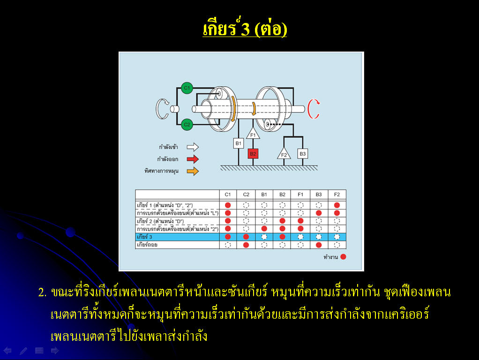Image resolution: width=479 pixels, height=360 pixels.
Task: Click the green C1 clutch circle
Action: click(187, 88)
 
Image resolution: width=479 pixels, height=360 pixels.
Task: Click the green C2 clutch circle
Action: click(187, 124)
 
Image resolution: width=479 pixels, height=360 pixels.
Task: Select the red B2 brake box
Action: click(253, 154)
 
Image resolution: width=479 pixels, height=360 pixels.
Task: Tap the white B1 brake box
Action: click(238, 143)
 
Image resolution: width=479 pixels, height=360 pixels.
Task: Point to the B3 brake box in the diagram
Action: click(302, 154)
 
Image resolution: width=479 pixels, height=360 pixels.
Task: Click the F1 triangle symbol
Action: click(253, 134)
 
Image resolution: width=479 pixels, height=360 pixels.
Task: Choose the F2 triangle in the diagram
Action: click(284, 154)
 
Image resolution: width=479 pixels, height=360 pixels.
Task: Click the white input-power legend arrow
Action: click(193, 147)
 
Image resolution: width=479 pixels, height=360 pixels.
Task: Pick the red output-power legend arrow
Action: click(193, 159)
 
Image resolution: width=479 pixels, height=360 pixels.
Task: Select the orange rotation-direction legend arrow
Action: click(193, 171)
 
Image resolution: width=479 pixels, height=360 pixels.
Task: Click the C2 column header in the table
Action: click(246, 195)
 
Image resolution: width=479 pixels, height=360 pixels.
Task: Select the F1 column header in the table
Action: click(300, 195)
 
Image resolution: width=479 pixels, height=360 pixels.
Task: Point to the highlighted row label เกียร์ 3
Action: click(144, 237)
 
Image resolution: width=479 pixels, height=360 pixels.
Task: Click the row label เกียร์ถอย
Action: click(147, 245)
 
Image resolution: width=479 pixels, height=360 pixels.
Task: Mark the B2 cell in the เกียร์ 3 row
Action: click(282, 237)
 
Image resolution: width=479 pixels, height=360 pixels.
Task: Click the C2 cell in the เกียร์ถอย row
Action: click(246, 245)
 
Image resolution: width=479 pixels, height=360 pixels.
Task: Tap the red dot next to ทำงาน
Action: click(343, 257)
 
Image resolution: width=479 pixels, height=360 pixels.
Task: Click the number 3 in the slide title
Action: click(245, 30)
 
